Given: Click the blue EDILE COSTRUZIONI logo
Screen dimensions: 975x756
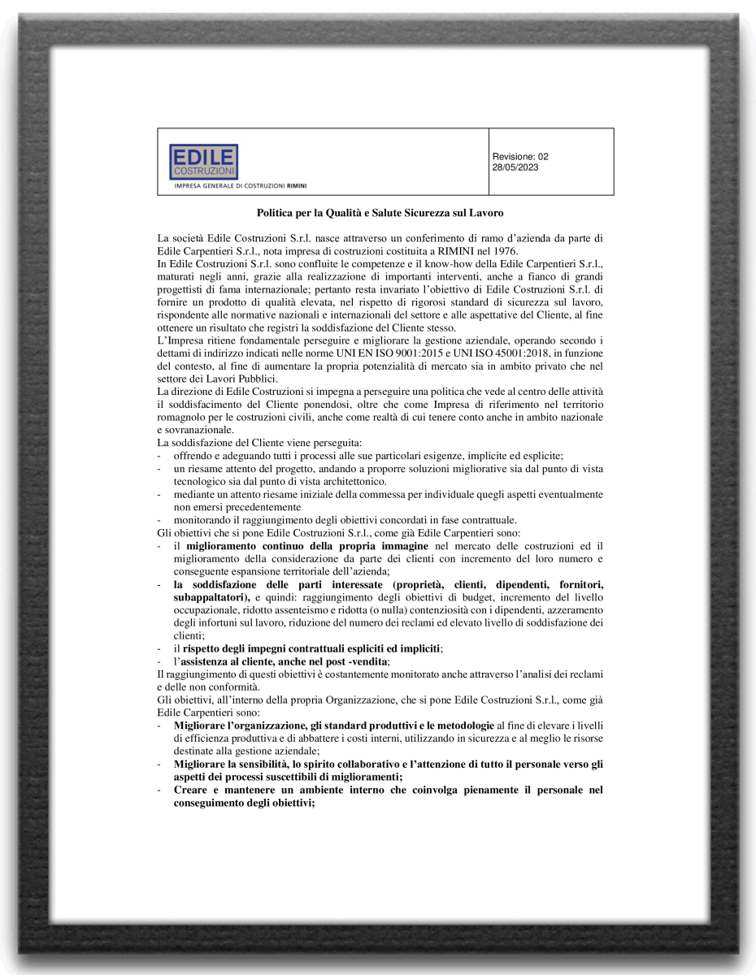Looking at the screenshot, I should (x=203, y=162).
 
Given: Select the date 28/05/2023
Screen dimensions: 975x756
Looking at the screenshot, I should (x=515, y=167).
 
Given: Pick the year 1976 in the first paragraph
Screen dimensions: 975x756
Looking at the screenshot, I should (x=504, y=251).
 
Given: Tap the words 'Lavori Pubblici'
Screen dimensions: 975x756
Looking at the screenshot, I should (x=222, y=379).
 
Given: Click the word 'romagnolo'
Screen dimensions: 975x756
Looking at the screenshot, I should (x=185, y=417).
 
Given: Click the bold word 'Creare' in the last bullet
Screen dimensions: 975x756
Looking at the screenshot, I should (x=192, y=790).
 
